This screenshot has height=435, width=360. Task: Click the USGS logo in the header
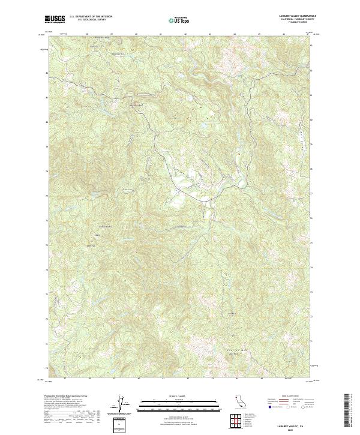pyautogui.click(x=55, y=19)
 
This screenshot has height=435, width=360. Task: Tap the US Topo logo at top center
pyautogui.click(x=181, y=20)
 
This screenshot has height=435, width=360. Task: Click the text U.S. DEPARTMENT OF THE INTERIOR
pyautogui.click(x=91, y=17)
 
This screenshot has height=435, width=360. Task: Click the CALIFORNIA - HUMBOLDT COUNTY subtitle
pyautogui.click(x=291, y=20)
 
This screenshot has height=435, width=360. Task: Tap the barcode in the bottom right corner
pyautogui.click(x=346, y=410)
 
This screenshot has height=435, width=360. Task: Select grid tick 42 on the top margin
pyautogui.click(x=186, y=34)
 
